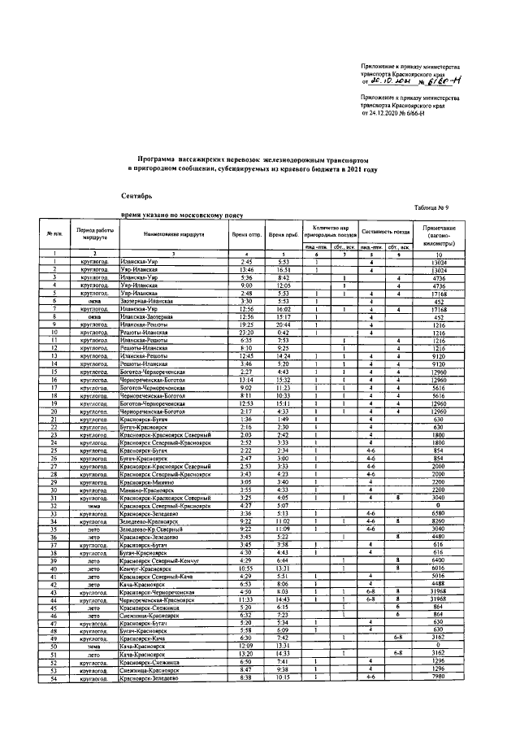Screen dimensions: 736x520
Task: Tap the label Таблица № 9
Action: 464,209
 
